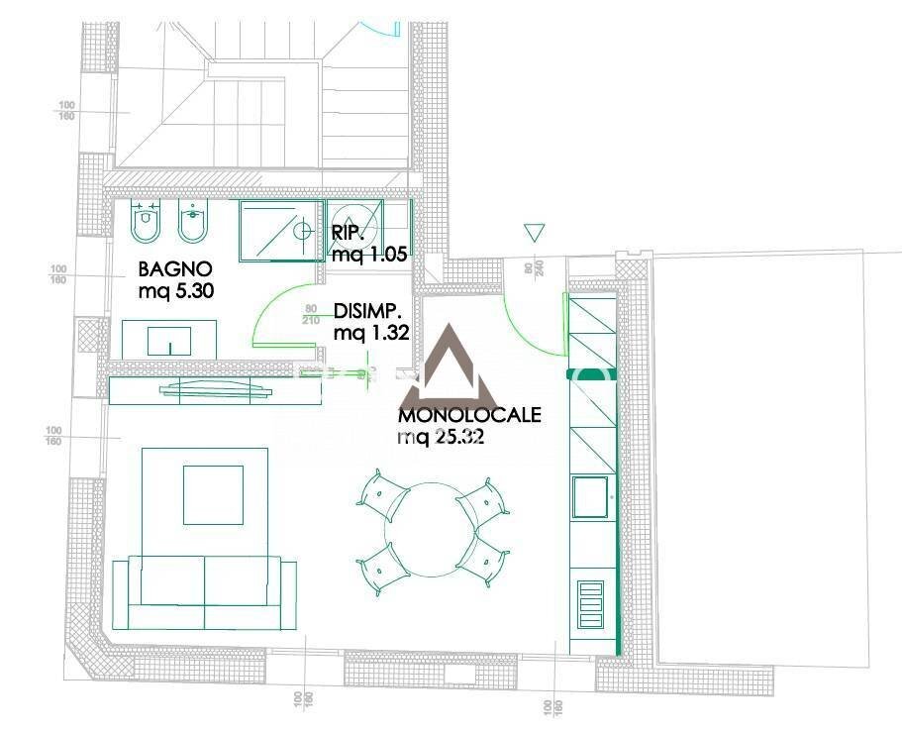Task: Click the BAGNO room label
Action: coord(174,268)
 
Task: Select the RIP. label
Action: coord(349,233)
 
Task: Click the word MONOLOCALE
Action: coord(469,415)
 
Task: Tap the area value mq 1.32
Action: coord(371,333)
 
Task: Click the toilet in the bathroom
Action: coord(147,224)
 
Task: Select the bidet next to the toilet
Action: coord(191,224)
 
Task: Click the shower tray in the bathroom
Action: coord(282,230)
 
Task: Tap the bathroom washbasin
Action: coord(169,340)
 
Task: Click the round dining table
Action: coord(431,529)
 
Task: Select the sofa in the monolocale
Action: coord(205,592)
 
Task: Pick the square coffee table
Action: coord(214,495)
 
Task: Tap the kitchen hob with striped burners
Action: coord(590,602)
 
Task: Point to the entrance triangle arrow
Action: coord(535,233)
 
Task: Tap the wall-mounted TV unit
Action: coord(214,391)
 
